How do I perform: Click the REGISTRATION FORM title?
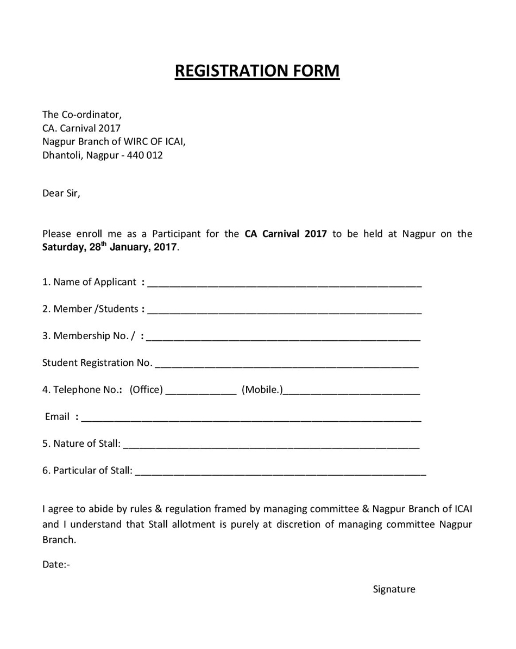click(x=257, y=71)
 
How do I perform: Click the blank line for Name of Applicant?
click(x=284, y=283)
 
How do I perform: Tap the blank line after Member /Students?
click(x=284, y=310)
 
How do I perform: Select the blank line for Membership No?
click(x=283, y=337)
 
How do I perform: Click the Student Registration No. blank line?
click(x=286, y=364)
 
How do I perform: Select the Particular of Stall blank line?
click(x=280, y=472)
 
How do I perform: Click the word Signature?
click(x=394, y=589)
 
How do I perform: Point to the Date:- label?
click(x=56, y=564)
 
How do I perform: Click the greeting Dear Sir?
click(x=61, y=194)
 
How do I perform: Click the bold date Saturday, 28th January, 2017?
click(x=110, y=247)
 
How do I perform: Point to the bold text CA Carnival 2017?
click(x=286, y=234)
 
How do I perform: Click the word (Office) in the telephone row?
click(x=146, y=390)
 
